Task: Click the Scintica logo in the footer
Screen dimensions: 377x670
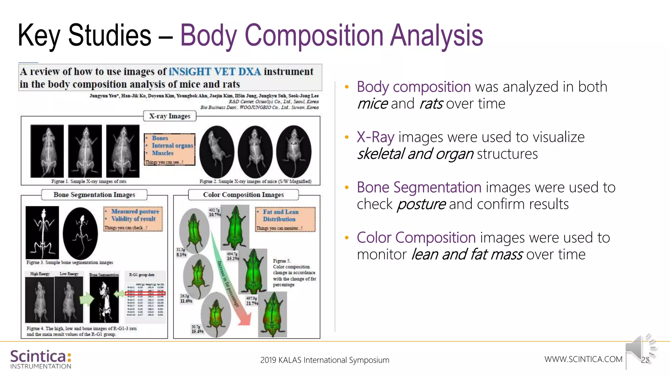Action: point(41,359)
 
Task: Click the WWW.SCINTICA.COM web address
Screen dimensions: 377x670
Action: point(583,359)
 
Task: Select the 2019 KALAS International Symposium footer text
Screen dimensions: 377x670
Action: point(325,360)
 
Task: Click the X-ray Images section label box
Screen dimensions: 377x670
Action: point(169,116)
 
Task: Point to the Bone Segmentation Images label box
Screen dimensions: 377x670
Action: point(94,195)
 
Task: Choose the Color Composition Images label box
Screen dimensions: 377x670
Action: point(243,195)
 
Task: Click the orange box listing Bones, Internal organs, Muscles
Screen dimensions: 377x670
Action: point(169,149)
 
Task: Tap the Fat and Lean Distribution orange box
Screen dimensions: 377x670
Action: point(285,219)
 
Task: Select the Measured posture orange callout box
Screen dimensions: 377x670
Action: point(133,219)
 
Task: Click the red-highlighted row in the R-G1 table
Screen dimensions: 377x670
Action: point(146,294)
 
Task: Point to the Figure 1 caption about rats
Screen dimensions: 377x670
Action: point(89,181)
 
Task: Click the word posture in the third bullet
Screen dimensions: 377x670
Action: point(421,205)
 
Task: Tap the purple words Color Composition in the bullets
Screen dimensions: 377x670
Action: point(416,238)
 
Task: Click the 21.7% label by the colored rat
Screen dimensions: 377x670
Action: point(252,303)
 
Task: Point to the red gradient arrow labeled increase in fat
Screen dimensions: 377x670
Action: point(231,281)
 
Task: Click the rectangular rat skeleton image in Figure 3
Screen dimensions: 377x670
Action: point(43,232)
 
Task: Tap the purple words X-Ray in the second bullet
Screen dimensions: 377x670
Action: point(375,137)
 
